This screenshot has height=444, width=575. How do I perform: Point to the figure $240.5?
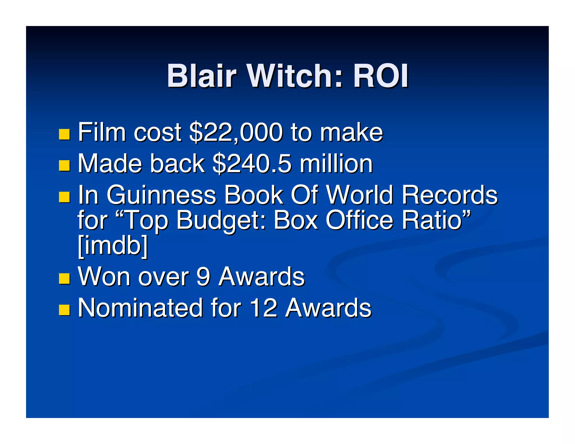[252, 164]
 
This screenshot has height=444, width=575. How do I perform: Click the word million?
[336, 164]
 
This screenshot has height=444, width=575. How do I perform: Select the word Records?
[449, 195]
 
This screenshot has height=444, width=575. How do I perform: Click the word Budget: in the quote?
[221, 221]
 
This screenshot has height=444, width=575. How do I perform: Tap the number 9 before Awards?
[203, 276]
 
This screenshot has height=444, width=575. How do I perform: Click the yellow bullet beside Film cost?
[64, 134]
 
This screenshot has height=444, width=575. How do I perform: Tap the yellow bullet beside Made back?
[64, 166]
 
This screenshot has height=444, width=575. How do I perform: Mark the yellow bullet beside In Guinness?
[64, 197]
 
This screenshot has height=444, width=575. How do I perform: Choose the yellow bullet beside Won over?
[64, 279]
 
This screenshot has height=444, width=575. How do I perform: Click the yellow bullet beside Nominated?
[64, 310]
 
